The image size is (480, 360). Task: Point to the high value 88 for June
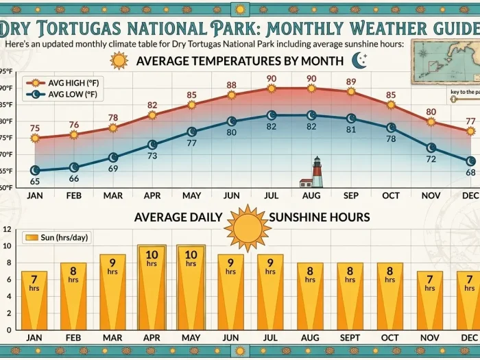pyautogui.click(x=232, y=85)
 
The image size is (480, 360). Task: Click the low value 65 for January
pyautogui.click(x=34, y=181)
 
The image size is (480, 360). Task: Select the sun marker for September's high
pyautogui.click(x=351, y=91)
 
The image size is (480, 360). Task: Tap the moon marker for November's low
pyautogui.click(x=431, y=147)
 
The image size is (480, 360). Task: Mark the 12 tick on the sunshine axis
pyautogui.click(x=7, y=230)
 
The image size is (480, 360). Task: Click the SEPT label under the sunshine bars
pyautogui.click(x=350, y=337)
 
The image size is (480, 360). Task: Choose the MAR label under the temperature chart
pyautogui.click(x=113, y=195)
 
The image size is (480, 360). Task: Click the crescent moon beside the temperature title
pyautogui.click(x=359, y=61)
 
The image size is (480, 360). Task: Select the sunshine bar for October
pyautogui.click(x=390, y=296)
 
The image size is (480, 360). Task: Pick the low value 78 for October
pyautogui.click(x=392, y=139)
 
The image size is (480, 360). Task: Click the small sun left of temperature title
pyautogui.click(x=119, y=60)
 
